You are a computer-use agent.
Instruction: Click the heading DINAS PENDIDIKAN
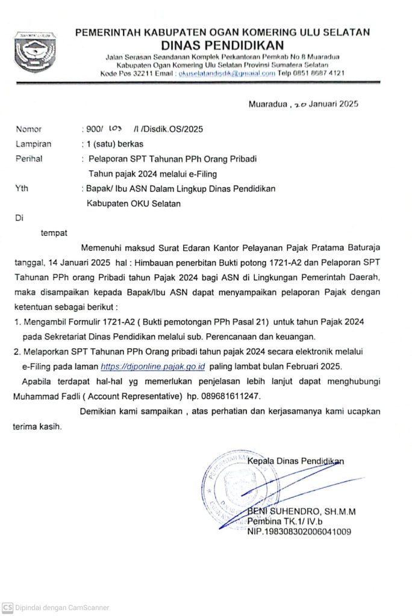point(222,45)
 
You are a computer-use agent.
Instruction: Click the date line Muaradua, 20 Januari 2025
point(304,104)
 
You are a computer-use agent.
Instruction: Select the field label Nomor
point(29,129)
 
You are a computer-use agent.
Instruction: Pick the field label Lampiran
point(33,144)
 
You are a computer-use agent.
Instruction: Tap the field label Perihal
point(30,159)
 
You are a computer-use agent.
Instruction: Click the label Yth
point(21,189)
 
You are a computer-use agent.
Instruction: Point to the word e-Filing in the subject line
point(202,174)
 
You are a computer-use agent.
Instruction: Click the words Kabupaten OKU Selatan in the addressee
point(134,204)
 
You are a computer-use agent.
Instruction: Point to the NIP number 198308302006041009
point(299,532)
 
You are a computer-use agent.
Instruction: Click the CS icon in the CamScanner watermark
point(8,608)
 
